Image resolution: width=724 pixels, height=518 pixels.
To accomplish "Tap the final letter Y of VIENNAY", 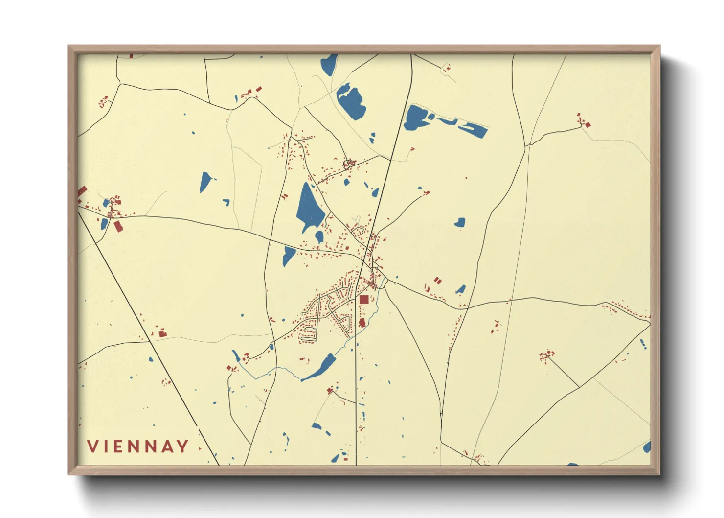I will tap(182, 447).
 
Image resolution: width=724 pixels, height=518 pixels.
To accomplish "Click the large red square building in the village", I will tap(364, 300).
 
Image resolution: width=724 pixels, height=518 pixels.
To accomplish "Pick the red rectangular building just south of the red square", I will tap(362, 322).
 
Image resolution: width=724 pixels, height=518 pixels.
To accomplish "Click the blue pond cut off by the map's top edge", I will tap(329, 64).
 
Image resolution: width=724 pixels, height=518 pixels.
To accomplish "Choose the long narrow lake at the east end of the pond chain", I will tap(473, 129).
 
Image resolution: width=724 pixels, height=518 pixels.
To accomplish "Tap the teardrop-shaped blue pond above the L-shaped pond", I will tap(205, 182).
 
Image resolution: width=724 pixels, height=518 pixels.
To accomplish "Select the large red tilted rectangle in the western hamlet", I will tap(118, 226).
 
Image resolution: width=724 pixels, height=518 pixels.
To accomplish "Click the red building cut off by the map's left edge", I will tap(82, 191).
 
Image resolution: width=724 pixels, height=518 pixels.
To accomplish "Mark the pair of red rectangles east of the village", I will tap(438, 281).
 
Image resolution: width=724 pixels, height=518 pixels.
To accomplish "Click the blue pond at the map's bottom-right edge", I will tap(647, 447).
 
